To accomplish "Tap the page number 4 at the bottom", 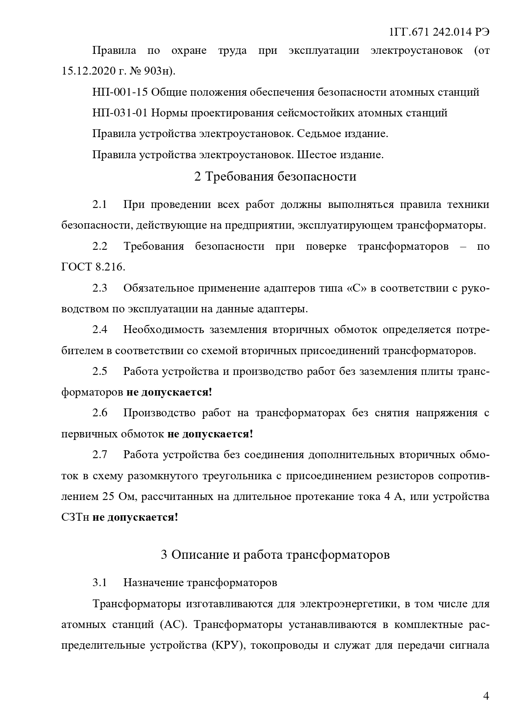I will tap(486, 696).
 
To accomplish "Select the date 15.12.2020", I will tap(86, 71).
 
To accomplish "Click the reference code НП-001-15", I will tap(120, 92).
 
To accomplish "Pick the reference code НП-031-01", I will tap(120, 113).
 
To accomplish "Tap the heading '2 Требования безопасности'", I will tap(275, 176).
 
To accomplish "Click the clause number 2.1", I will tap(99, 205).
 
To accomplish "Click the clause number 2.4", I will tap(99, 330).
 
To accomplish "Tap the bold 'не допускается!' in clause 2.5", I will tap(169, 392).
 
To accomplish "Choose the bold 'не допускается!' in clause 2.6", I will tap(210, 434).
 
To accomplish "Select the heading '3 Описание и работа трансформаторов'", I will tap(275, 554).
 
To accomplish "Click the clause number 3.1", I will tap(99, 583).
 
